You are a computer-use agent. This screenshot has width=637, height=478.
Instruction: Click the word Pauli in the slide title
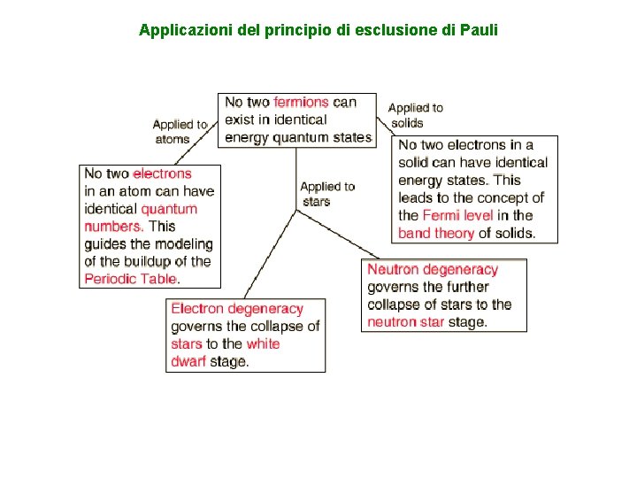pyautogui.click(x=480, y=30)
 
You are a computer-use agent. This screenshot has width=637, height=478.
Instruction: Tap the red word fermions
pyautogui.click(x=301, y=103)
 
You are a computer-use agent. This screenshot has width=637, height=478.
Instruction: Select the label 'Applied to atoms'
pyautogui.click(x=180, y=132)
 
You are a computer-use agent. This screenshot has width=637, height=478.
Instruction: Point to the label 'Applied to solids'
pyautogui.click(x=415, y=115)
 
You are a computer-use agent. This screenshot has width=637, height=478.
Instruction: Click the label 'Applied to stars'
pyautogui.click(x=326, y=194)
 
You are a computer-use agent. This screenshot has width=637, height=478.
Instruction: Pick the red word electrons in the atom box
pyautogui.click(x=162, y=174)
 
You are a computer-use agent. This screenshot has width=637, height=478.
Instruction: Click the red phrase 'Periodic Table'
pyautogui.click(x=131, y=279)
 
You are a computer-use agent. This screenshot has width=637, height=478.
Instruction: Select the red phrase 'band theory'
pyautogui.click(x=436, y=234)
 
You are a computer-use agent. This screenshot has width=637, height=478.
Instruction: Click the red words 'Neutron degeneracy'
pyautogui.click(x=433, y=270)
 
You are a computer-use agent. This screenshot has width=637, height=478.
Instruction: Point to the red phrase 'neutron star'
pyautogui.click(x=406, y=322)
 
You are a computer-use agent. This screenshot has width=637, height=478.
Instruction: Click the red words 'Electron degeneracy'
pyautogui.click(x=237, y=309)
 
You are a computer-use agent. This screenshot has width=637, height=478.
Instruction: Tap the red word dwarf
pyautogui.click(x=188, y=361)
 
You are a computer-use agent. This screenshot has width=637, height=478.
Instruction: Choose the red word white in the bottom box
pyautogui.click(x=263, y=344)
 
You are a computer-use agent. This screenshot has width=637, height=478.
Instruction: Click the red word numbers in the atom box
pyautogui.click(x=113, y=227)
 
